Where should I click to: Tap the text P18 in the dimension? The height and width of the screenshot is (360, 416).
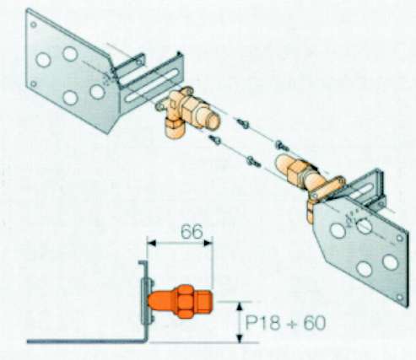(263, 323)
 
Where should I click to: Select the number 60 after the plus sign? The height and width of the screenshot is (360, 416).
(315, 323)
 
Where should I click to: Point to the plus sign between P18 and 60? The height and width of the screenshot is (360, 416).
(292, 324)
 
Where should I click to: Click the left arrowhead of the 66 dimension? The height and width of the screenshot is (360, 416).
(152, 243)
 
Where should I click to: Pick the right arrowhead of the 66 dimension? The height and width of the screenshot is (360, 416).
(208, 243)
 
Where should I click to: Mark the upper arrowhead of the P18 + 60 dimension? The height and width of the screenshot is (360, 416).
(240, 306)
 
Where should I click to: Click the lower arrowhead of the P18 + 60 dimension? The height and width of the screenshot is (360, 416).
(240, 338)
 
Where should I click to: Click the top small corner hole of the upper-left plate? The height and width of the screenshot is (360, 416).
(34, 24)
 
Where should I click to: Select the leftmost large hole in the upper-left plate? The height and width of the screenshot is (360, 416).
(44, 60)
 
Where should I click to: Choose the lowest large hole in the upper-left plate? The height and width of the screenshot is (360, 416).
(70, 98)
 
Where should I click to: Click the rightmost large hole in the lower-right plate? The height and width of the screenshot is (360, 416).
(391, 261)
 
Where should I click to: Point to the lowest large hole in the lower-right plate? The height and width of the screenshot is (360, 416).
(365, 269)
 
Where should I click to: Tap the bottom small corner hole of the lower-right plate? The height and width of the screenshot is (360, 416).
(400, 297)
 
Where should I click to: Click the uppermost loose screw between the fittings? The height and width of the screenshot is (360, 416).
(243, 123)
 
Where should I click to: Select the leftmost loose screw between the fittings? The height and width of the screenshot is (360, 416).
(214, 139)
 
